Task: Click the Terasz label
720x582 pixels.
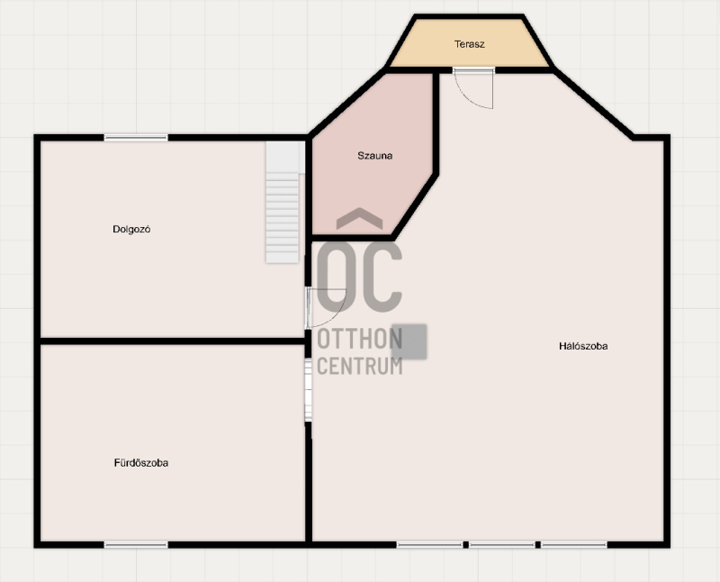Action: coord(469,44)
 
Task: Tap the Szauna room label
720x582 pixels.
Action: coord(374,155)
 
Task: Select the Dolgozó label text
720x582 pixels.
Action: coord(131,229)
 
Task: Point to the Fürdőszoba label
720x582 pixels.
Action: coord(141,463)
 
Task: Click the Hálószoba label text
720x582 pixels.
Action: coord(583,346)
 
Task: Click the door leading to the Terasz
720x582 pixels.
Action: coord(473,88)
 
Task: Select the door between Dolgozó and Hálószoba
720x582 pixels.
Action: coord(326,308)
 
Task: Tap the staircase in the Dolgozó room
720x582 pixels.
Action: coord(283,203)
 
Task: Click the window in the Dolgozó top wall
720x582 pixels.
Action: coord(136,138)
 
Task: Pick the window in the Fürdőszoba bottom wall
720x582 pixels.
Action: coord(136,545)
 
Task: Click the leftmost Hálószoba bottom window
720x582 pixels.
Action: coord(430,545)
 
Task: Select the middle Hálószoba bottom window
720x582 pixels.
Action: coord(502,545)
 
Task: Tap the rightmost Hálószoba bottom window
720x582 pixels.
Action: coord(574,545)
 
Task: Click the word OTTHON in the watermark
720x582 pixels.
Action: coord(359,339)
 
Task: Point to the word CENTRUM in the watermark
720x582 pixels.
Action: coord(359,366)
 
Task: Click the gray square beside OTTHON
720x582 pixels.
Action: coord(409,341)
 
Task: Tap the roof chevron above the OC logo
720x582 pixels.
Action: coord(359,218)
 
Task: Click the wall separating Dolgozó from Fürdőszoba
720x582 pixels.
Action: coord(173,341)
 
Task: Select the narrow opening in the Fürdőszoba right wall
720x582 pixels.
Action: coord(309,390)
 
